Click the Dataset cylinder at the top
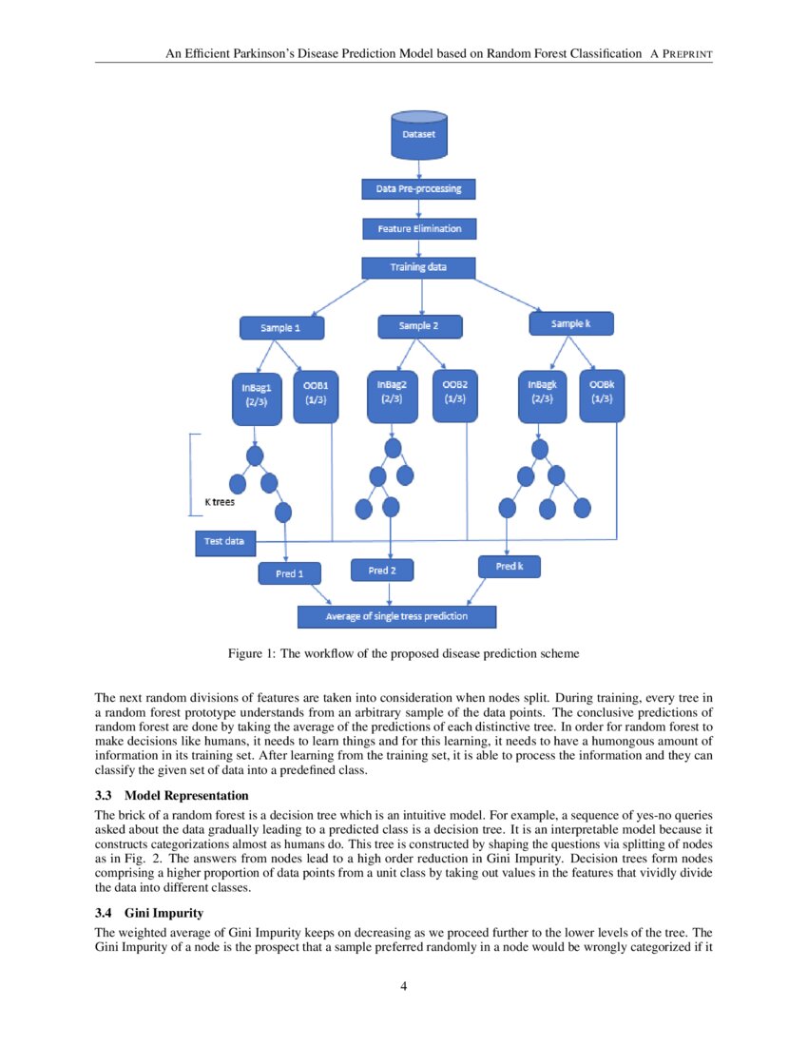click(419, 135)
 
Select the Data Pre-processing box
click(419, 188)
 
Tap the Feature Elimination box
click(419, 229)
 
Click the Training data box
click(418, 267)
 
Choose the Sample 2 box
click(419, 326)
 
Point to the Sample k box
click(571, 324)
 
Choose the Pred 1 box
click(289, 573)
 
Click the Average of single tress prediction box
click(396, 616)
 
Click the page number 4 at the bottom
click(404, 986)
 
